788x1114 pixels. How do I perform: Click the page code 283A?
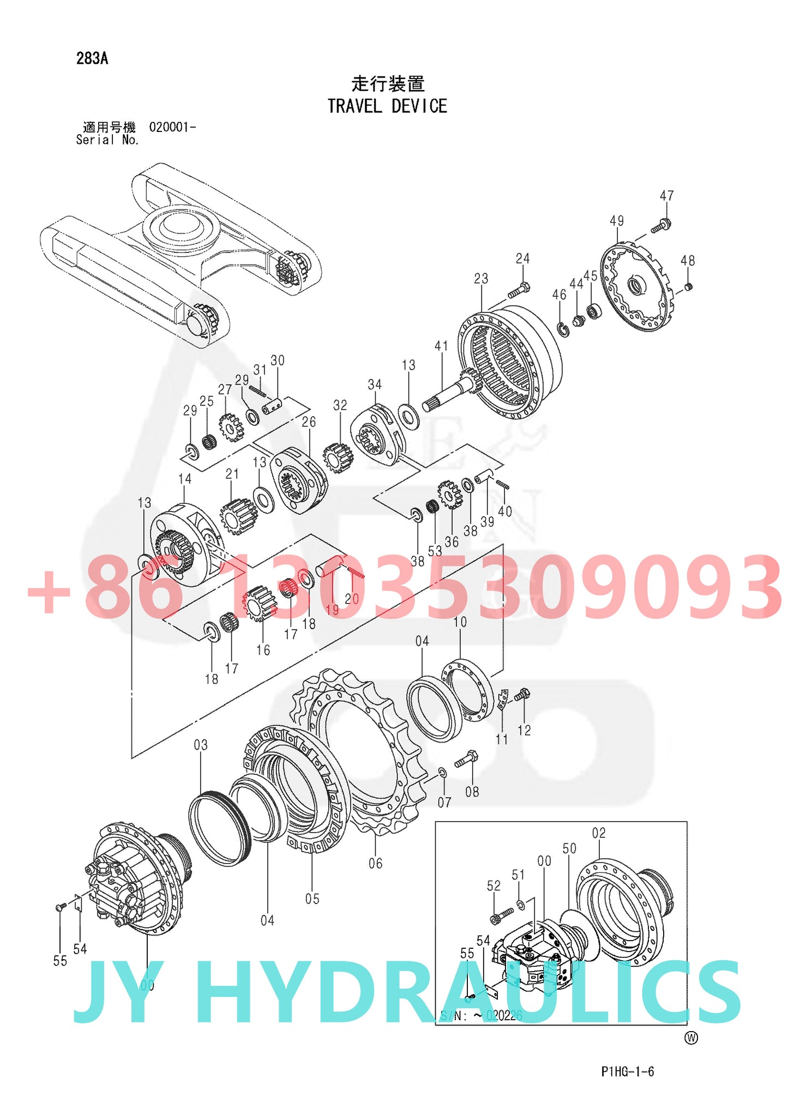click(92, 58)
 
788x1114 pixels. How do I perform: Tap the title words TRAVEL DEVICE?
click(387, 106)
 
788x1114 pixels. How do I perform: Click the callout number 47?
click(666, 196)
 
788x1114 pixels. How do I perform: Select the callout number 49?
click(616, 221)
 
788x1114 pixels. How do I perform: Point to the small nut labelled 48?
click(688, 287)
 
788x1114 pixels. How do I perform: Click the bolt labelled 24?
click(519, 291)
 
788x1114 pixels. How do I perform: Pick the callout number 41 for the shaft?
click(441, 346)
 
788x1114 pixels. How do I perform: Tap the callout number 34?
click(375, 384)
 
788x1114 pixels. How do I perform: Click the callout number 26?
click(309, 421)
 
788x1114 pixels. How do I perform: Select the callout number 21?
click(232, 474)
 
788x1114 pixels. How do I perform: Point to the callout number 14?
click(185, 479)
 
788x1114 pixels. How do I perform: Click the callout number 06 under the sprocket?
click(375, 863)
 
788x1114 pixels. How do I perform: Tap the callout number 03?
click(201, 745)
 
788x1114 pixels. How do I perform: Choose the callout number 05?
click(312, 899)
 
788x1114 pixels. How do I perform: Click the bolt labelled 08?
click(466, 760)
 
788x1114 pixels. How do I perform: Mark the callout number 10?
click(460, 622)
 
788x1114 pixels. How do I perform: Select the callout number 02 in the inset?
click(598, 833)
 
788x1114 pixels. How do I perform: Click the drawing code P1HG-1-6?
click(627, 1071)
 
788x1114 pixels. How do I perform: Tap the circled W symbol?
click(691, 1038)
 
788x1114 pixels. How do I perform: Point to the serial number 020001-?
click(172, 127)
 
